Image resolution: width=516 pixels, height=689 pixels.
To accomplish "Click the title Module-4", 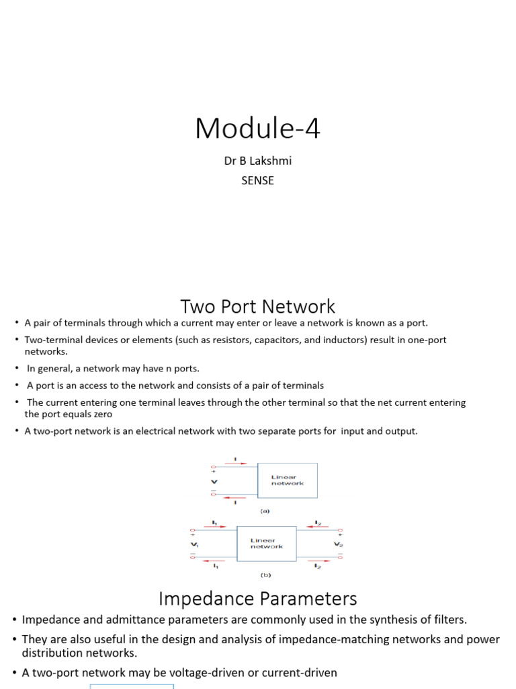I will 257,128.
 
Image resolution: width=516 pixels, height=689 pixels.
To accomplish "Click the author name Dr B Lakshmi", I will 257,162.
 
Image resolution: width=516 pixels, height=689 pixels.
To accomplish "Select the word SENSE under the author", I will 257,180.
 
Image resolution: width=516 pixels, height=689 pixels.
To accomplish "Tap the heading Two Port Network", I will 257,307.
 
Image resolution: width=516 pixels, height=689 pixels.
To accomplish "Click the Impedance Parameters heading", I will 257,598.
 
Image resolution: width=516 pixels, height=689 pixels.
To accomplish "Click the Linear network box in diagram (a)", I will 288,480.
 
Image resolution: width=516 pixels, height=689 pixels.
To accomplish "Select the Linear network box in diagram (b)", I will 266,544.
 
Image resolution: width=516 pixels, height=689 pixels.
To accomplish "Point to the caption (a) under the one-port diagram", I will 265,511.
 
